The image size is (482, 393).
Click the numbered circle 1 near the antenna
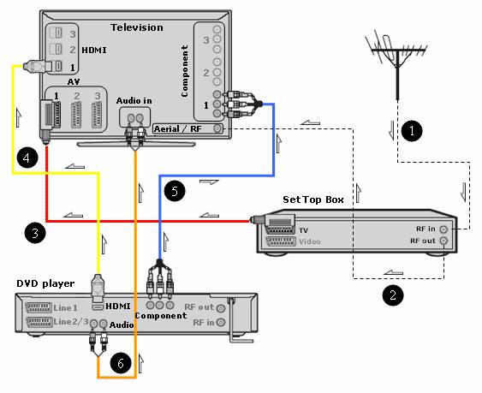413,131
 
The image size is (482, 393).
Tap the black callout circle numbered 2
392,295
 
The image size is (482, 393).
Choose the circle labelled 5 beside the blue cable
173,192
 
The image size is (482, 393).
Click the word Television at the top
137,27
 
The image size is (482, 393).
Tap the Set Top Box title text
312,200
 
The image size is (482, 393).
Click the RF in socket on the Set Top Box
443,229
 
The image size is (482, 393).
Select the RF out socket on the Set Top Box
443,242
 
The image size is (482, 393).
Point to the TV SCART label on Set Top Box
303,230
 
